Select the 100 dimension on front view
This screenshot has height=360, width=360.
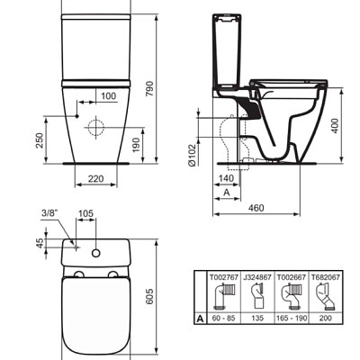[109, 95]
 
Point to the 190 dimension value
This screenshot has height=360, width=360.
[135, 145]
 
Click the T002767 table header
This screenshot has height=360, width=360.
[222, 279]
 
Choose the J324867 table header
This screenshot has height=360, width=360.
[259, 279]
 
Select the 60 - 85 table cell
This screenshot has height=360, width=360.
[222, 318]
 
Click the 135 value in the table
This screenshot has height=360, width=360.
[259, 318]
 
